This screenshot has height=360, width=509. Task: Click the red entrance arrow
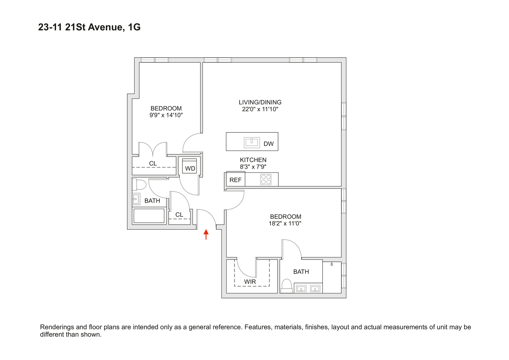point(206,234)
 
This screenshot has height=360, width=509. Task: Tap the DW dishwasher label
point(268,144)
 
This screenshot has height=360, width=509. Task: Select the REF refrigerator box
point(236,180)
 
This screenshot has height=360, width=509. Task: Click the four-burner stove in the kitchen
point(266,179)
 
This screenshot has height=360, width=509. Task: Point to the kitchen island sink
point(252,142)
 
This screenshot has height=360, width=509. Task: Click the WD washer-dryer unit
point(190,167)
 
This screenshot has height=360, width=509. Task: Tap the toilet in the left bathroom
point(140,185)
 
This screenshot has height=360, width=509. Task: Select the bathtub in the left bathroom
point(149,216)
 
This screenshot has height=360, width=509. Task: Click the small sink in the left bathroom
point(136,199)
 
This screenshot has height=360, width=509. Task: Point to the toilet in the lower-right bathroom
point(287,285)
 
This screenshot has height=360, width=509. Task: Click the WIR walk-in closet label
point(250,282)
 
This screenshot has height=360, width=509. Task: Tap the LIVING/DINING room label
point(260,102)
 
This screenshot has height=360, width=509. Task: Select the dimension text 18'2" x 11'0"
point(285,223)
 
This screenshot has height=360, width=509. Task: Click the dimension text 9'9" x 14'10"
point(166,115)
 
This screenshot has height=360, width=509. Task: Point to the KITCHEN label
point(253,160)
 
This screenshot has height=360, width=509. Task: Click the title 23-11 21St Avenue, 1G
point(89,27)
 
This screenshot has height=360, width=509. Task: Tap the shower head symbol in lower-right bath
point(332,264)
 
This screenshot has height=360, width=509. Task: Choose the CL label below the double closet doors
point(153,163)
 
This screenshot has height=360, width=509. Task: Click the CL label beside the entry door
point(179,215)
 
